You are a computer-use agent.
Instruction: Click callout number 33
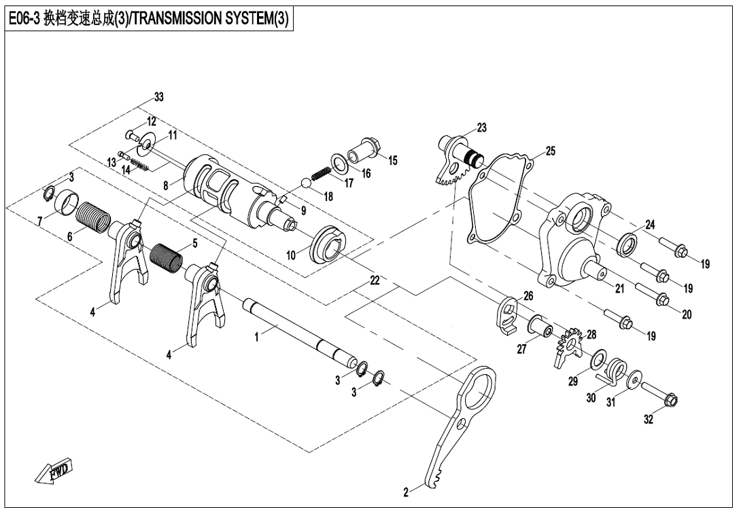(x=158, y=98)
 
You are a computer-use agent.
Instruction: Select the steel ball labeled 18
(x=306, y=182)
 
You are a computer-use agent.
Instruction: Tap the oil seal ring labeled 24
(x=627, y=242)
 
